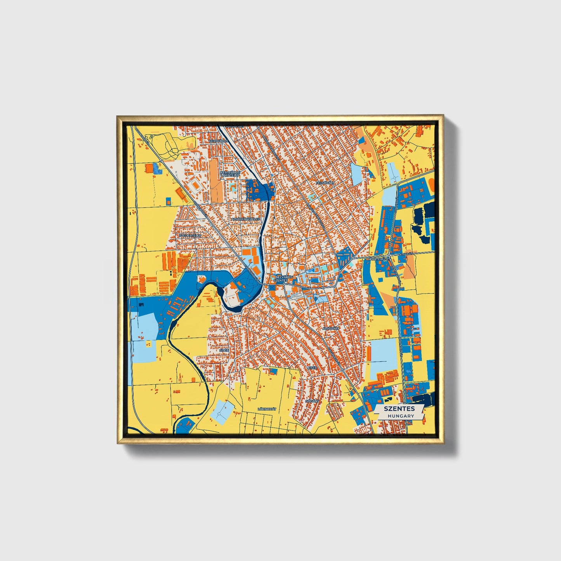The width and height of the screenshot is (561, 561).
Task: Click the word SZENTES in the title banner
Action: [399, 408]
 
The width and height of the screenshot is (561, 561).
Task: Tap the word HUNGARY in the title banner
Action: [400, 416]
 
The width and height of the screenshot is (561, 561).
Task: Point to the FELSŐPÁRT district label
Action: [325, 182]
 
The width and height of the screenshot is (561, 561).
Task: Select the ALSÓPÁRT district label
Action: [330, 328]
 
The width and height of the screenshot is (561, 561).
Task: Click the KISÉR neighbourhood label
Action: [312, 367]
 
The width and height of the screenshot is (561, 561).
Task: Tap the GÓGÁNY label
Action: [312, 401]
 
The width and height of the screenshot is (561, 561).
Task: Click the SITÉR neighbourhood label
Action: [224, 350]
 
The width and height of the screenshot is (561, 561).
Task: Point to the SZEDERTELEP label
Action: [190, 235]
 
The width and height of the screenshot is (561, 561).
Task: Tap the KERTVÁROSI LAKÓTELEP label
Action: [230, 174]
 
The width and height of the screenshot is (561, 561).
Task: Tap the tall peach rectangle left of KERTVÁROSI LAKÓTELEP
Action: [214, 180]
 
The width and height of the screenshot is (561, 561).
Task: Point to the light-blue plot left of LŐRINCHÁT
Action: [222, 412]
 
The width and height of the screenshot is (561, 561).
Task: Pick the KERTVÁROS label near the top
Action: [218, 141]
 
